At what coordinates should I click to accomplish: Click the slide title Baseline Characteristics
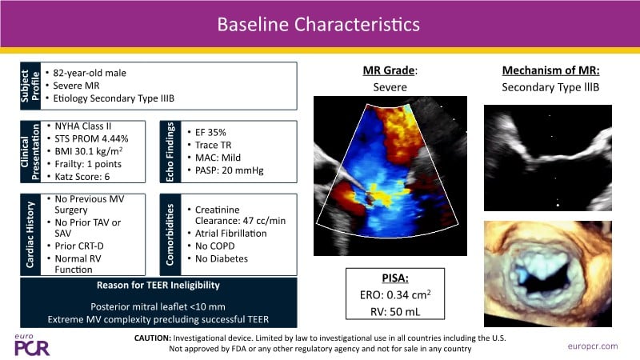pyautogui.click(x=318, y=25)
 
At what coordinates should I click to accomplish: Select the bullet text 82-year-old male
pyautogui.click(x=90, y=73)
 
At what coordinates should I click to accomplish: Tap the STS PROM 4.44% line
pyautogui.click(x=91, y=138)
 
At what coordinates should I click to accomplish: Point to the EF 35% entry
pyautogui.click(x=210, y=132)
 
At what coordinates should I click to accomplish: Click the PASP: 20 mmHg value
pyautogui.click(x=230, y=170)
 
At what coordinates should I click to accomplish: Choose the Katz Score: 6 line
pyautogui.click(x=82, y=177)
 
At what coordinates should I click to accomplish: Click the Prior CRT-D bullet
pyautogui.click(x=79, y=246)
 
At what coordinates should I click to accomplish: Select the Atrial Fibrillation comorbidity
pyautogui.click(x=230, y=234)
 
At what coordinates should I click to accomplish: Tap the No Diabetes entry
pyautogui.click(x=222, y=258)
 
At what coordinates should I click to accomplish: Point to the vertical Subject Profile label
pyautogui.click(x=30, y=86)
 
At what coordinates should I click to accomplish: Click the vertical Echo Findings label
pyautogui.click(x=170, y=152)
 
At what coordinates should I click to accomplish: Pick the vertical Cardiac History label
pyautogui.click(x=30, y=234)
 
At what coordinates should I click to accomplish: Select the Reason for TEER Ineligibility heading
pyautogui.click(x=158, y=286)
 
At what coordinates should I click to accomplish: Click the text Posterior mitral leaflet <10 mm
pyautogui.click(x=158, y=306)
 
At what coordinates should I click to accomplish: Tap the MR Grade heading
pyautogui.click(x=390, y=70)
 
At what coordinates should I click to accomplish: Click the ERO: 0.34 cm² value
pyautogui.click(x=395, y=294)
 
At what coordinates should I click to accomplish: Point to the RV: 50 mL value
pyautogui.click(x=395, y=312)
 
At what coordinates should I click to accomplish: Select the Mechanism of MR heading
pyautogui.click(x=550, y=70)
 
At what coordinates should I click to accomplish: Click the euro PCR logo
pyautogui.click(x=32, y=345)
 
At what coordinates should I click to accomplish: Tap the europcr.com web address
pyautogui.click(x=593, y=346)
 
